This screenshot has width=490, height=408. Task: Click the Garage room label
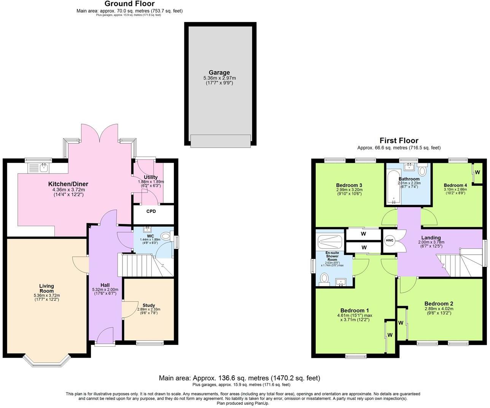click(x=219, y=73)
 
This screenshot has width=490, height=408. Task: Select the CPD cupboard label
click(x=151, y=211)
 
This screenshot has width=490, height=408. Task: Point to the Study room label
click(x=149, y=305)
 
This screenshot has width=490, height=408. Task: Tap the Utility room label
click(x=151, y=177)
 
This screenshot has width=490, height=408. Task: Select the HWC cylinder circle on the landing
click(x=390, y=241)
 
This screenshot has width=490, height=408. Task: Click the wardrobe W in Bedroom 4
click(x=477, y=172)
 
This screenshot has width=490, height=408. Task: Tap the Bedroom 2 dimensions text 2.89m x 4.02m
click(x=439, y=309)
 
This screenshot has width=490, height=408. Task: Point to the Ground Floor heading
click(x=129, y=4)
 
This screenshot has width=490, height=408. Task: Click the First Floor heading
click(x=399, y=141)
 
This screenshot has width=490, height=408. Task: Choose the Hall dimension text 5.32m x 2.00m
click(x=105, y=290)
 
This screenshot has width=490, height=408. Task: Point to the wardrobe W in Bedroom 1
click(x=390, y=335)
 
